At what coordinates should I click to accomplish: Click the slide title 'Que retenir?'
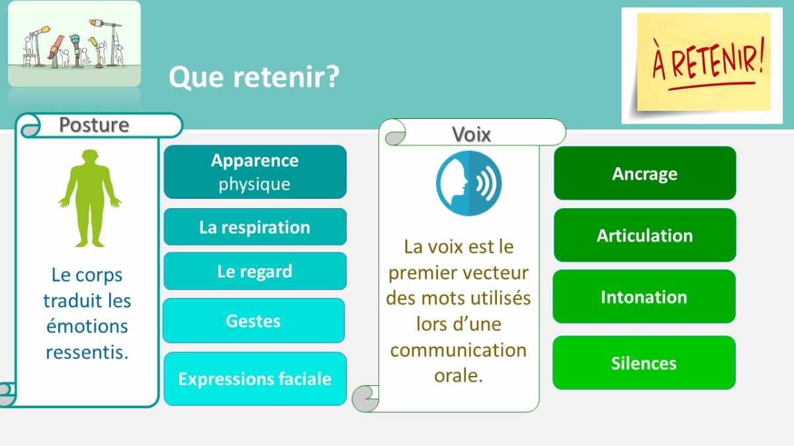click(x=254, y=77)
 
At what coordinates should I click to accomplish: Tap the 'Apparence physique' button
click(x=255, y=172)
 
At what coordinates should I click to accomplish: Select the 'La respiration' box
click(x=255, y=227)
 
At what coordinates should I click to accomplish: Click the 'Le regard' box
click(x=255, y=271)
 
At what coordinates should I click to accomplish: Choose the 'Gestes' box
click(x=254, y=320)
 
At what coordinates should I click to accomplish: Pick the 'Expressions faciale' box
click(x=255, y=379)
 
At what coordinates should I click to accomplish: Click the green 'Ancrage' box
click(x=644, y=173)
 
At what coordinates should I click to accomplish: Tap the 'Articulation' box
click(x=644, y=235)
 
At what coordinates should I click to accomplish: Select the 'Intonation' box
click(x=644, y=297)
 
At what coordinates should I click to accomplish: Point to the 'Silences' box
click(x=644, y=363)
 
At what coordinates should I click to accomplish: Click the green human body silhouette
click(x=90, y=198)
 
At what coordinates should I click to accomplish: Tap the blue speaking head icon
click(x=468, y=184)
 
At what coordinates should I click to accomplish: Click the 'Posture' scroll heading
click(x=94, y=125)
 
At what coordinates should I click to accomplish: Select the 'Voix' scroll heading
click(x=471, y=134)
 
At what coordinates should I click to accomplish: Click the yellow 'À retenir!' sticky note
click(x=703, y=62)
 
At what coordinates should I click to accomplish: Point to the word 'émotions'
click(x=87, y=326)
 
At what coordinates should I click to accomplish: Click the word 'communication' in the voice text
click(x=459, y=350)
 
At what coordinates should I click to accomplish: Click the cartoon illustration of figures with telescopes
click(x=74, y=44)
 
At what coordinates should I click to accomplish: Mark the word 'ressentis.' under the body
click(x=87, y=352)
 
